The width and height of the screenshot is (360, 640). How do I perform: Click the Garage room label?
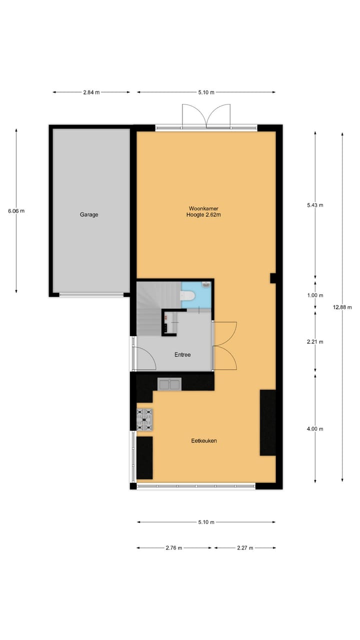tap(89, 214)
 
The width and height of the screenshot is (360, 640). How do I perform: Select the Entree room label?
tap(182, 354)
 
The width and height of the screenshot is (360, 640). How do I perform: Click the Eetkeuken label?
tap(203, 441)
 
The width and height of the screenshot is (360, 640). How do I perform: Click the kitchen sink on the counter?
tap(169, 384)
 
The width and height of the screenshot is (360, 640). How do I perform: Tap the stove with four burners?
tap(145, 419)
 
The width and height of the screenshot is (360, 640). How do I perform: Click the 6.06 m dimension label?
tap(16, 211)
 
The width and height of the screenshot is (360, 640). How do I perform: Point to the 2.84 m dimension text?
tap(91, 92)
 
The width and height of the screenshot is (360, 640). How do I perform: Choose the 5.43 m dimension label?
tap(315, 205)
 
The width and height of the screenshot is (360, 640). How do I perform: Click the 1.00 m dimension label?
tap(315, 295)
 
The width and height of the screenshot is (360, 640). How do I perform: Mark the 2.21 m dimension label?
tap(315, 342)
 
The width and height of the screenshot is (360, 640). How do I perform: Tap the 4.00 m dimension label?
tap(315, 429)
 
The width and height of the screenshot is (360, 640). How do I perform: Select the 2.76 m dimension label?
tap(174, 548)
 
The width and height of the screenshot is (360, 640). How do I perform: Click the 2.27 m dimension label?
tap(245, 548)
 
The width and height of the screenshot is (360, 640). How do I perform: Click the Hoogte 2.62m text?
tap(203, 215)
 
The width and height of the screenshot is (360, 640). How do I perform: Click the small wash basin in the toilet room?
tap(206, 285)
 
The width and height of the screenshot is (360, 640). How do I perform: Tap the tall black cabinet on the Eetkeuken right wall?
tap(267, 422)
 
